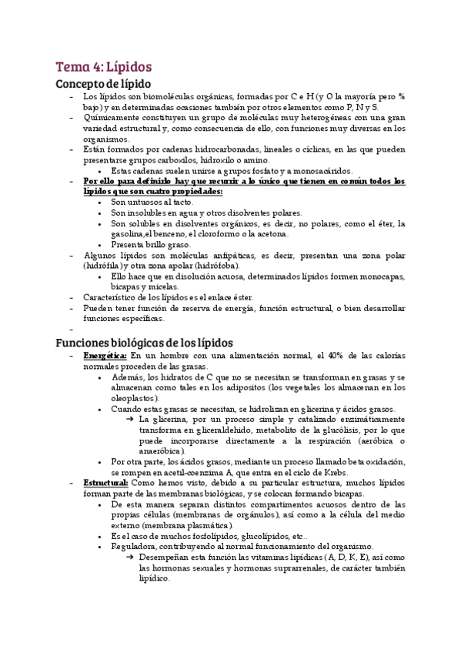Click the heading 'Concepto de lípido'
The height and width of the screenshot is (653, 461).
pos(104,83)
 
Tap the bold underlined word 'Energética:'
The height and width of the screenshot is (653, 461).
pos(105,357)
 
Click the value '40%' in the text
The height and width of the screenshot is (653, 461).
pos(337,357)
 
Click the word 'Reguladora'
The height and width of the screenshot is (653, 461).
pos(135,545)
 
